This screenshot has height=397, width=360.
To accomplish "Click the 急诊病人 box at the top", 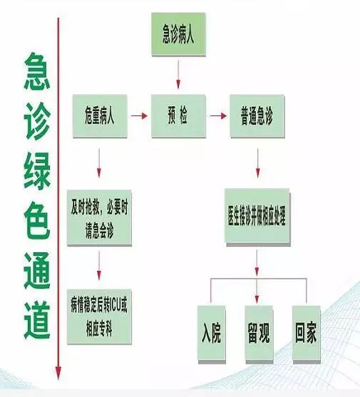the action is (178, 34).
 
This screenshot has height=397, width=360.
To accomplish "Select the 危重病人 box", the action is (100, 116).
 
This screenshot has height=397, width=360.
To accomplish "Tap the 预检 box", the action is (178, 116).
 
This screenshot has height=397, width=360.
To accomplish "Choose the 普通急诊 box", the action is (257, 116).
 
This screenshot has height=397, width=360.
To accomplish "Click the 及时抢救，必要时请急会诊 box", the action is (99, 218).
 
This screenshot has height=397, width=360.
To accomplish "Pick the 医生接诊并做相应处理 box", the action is (257, 217).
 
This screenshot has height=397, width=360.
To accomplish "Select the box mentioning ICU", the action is (99, 316).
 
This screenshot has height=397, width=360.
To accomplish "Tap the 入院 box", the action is (212, 334).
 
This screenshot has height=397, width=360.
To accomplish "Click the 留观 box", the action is (259, 334).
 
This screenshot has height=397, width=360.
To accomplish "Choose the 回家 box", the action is (307, 334).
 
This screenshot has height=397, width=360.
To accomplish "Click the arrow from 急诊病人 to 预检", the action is (178, 74).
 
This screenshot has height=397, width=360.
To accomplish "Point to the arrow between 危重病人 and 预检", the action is (139, 116).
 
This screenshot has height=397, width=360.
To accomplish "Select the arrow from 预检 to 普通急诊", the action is (218, 116).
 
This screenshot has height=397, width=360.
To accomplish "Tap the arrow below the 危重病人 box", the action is (99, 163).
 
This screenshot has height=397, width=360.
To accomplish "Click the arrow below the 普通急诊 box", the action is (258, 163).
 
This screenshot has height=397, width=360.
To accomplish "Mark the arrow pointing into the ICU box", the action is (99, 266).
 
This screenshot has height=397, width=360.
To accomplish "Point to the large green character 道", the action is (37, 320).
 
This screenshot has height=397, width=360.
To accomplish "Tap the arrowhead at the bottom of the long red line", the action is (58, 373).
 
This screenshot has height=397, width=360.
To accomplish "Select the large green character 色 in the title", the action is (37, 221).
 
